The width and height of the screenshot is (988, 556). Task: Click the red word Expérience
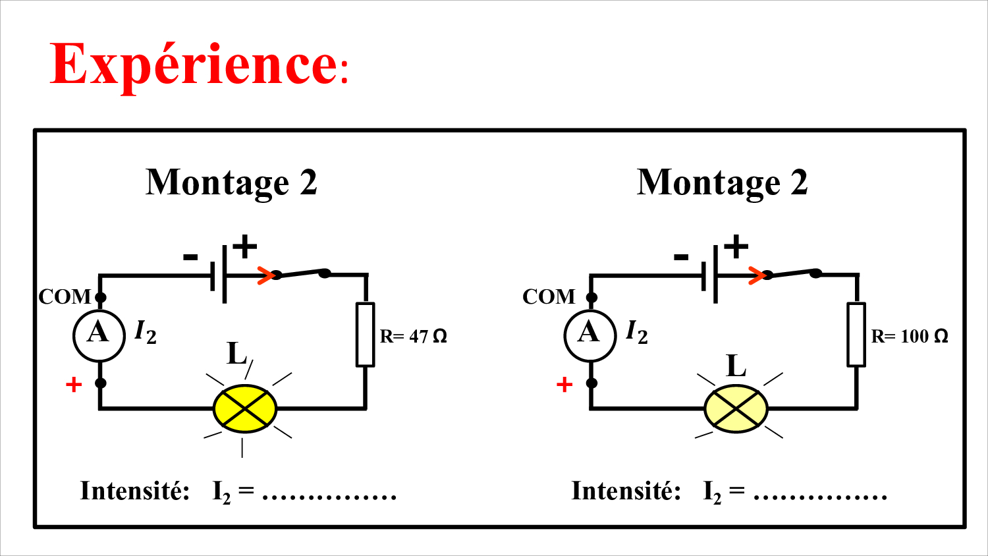[x=194, y=64]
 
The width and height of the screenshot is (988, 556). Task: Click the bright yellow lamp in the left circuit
[x=245, y=409]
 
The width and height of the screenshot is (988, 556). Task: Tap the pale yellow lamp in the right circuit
[x=736, y=409]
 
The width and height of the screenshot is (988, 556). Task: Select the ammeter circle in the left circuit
[x=99, y=335]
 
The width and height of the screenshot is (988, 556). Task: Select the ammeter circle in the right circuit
[x=590, y=335]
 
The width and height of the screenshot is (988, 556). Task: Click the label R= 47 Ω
[x=413, y=337]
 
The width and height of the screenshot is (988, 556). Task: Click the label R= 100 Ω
[x=910, y=337]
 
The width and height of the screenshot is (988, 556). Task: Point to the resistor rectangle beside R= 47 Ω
[x=365, y=335]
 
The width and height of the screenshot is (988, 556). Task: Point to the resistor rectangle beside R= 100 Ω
[x=856, y=335]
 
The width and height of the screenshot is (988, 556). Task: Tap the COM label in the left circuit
[x=65, y=297]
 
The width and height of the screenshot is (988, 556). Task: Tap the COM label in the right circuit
[x=549, y=297]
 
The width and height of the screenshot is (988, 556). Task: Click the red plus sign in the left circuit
[x=74, y=384]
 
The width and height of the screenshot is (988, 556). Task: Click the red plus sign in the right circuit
[x=564, y=384]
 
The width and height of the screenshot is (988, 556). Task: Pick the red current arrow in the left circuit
[x=265, y=275]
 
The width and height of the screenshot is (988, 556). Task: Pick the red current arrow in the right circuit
[x=757, y=275]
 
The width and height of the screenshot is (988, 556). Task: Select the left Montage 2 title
[x=231, y=183]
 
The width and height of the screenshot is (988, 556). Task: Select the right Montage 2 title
[x=723, y=183]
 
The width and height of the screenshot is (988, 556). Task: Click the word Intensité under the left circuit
[x=135, y=491]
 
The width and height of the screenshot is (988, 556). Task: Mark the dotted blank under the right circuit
[x=820, y=495]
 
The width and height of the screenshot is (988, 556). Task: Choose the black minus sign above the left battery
[x=190, y=257]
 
